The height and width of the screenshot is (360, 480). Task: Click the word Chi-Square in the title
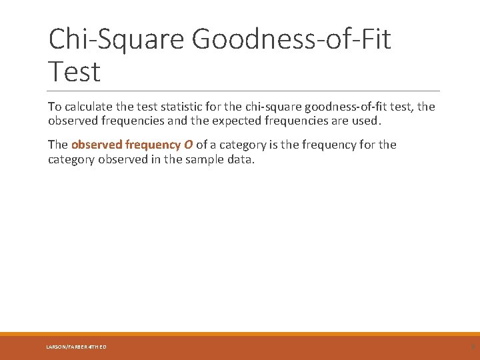point(117,39)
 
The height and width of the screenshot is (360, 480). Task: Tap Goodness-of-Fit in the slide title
point(291,39)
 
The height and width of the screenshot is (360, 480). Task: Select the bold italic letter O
point(189,145)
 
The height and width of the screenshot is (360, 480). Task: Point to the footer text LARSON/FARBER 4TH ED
point(76,347)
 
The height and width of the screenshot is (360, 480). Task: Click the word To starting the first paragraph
point(55,107)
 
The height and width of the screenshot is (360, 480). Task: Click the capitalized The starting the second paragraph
point(57,145)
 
